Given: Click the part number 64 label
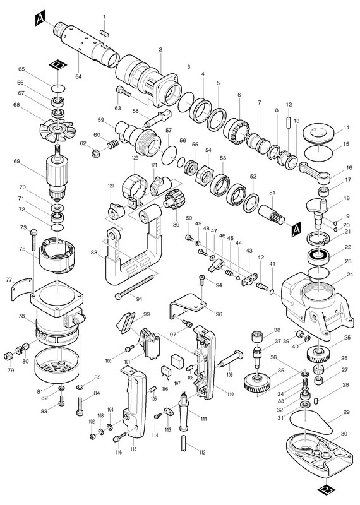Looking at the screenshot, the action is click(x=78, y=76).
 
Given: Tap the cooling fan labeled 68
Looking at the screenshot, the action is click(x=58, y=129).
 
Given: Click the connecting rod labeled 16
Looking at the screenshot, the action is click(x=315, y=172).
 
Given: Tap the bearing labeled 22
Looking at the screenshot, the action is click(x=318, y=256).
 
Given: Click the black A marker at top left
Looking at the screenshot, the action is click(x=40, y=19).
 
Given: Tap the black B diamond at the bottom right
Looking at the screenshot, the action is click(x=327, y=492).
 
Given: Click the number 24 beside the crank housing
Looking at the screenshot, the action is click(x=350, y=275).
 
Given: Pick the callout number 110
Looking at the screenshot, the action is click(x=231, y=394).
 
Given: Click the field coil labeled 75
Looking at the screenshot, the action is click(x=57, y=255).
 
